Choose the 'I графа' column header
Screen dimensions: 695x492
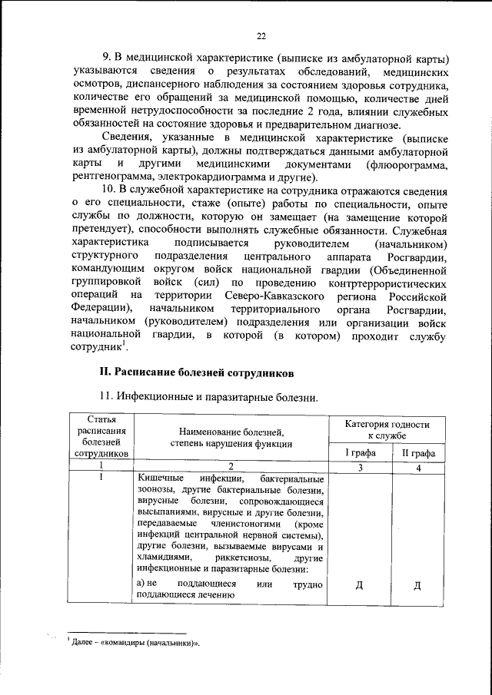tap(359, 453)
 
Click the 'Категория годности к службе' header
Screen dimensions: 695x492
tap(387, 429)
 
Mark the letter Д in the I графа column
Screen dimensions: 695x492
tap(359, 587)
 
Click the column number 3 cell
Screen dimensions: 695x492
tap(359, 467)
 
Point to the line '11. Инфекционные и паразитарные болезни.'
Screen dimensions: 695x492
tap(208, 397)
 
